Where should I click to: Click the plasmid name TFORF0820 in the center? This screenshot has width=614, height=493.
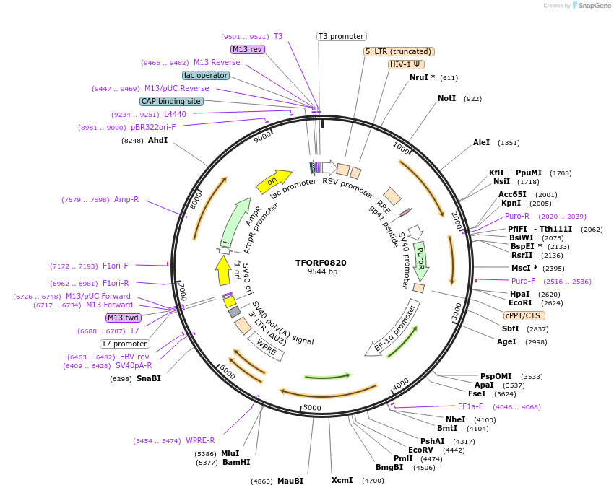321,263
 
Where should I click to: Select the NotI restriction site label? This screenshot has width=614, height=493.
446,98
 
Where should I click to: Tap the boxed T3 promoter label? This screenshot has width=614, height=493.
342,36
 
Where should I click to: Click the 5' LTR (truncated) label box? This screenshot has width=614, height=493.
398,51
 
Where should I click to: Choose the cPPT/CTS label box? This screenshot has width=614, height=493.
524,315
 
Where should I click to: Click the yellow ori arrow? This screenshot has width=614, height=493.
273,181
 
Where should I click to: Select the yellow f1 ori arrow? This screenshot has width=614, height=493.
222,270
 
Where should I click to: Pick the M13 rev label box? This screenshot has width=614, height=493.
247,49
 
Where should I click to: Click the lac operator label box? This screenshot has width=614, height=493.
206,75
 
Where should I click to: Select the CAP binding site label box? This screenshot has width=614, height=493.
170,101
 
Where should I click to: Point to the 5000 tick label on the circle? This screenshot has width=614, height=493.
312,409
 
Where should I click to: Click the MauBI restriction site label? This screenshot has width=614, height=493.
290,481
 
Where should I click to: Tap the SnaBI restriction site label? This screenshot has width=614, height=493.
149,378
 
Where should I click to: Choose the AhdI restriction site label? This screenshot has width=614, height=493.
157,140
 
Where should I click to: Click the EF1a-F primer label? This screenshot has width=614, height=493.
470,406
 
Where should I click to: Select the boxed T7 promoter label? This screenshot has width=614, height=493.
125,344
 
